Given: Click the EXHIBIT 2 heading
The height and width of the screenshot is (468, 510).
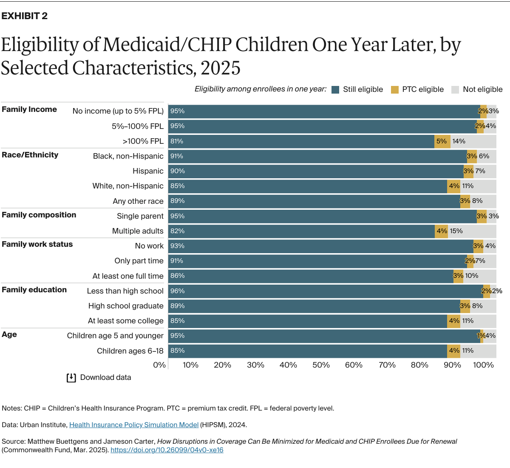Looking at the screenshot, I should (25, 16).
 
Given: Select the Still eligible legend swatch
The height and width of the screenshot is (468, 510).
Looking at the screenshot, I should (335, 89).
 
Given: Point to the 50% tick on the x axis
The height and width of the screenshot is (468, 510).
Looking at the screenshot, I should (321, 365).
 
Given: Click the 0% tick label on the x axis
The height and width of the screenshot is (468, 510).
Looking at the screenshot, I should (159, 365).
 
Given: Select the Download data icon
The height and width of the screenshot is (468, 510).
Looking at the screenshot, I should (71, 378).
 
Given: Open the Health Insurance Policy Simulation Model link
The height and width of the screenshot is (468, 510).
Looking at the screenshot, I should (134, 425).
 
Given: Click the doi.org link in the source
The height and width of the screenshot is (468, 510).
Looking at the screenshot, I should (167, 450).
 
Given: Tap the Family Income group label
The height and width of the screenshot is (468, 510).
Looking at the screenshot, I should (29, 109).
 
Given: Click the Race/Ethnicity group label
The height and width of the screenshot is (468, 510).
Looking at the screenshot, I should (30, 155).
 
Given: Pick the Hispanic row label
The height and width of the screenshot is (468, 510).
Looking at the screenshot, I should (148, 171).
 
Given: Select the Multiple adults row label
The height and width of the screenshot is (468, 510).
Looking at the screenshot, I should (138, 231).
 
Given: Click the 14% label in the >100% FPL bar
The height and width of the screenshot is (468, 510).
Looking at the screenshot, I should (459, 141).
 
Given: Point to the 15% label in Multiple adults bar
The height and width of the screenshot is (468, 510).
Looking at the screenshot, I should (456, 231).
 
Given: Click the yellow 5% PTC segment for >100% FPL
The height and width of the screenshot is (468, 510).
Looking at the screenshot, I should (442, 141).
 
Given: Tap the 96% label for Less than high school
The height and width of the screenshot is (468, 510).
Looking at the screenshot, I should (177, 291).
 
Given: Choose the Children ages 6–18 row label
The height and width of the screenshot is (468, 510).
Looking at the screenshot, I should (130, 351).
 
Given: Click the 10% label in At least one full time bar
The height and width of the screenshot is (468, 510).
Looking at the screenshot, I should (471, 276).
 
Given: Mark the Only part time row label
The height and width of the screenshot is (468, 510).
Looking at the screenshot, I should (139, 261).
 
